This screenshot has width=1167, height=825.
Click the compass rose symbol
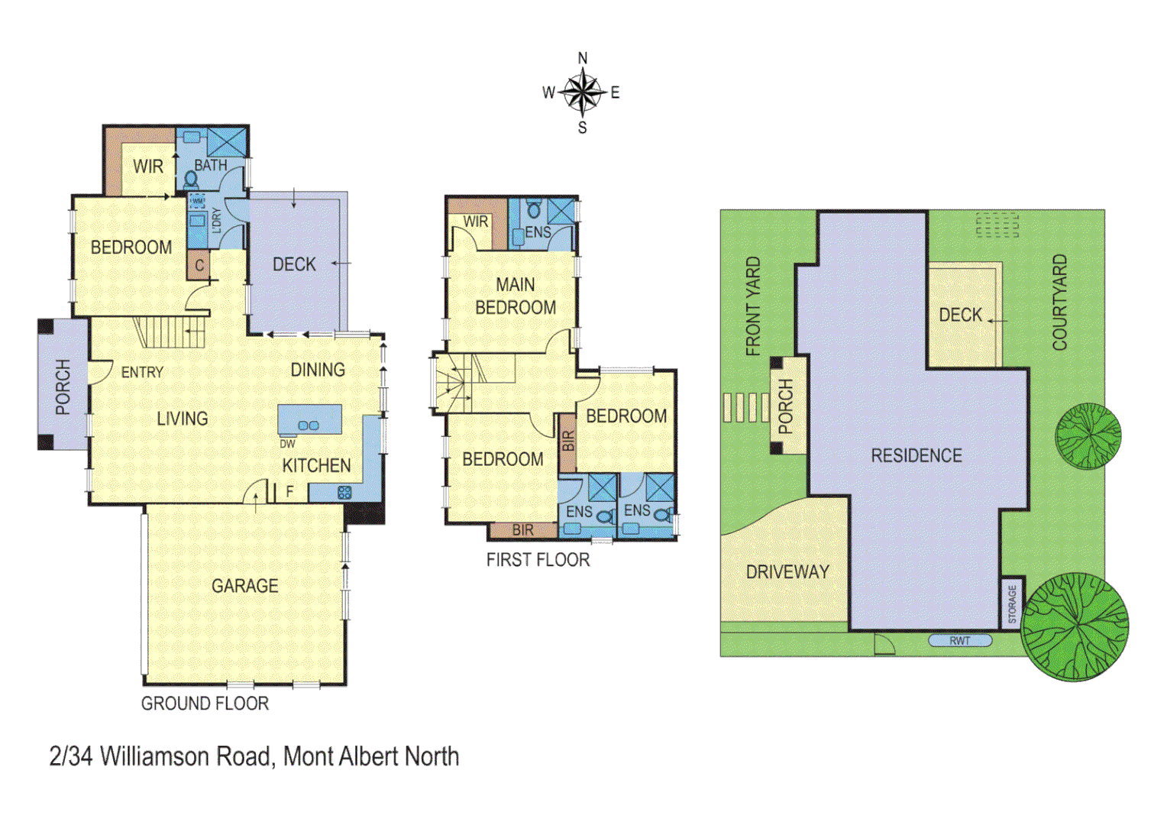[x=583, y=92]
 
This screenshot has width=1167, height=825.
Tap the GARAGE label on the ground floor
[x=244, y=586]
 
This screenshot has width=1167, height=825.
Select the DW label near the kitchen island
[x=287, y=444]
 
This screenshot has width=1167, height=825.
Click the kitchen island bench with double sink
[x=309, y=419]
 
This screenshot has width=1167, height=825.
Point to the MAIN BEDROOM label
[x=516, y=296]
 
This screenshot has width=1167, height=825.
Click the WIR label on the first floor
[x=475, y=222]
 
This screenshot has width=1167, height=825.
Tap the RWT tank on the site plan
[x=960, y=641]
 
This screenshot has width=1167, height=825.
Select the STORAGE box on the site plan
[x=1012, y=603]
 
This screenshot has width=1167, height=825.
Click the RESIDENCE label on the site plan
[x=916, y=456]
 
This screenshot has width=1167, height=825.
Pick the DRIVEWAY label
[x=787, y=572]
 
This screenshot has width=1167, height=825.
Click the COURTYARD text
[x=1060, y=302]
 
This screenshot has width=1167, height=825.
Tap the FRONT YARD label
[x=753, y=306]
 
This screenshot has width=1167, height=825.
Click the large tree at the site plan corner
[x=1075, y=626]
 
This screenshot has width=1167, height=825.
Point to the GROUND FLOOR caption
[x=205, y=704]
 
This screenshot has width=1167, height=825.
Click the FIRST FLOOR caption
[x=538, y=560]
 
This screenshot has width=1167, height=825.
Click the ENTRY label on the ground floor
[x=142, y=372]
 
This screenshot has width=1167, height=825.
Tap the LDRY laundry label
[x=216, y=220]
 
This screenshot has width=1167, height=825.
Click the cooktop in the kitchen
[x=344, y=493]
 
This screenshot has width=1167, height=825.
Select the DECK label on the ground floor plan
[x=294, y=264]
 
